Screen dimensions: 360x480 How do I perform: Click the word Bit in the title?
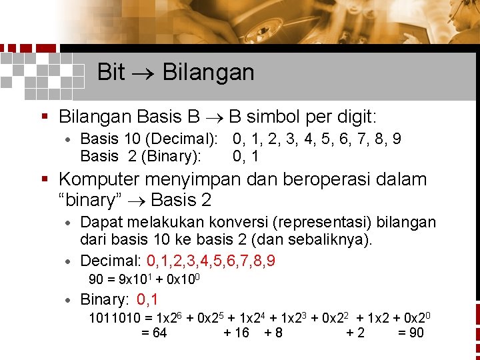111,72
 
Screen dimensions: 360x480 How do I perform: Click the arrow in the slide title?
143,73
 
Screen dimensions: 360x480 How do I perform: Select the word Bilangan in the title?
208,72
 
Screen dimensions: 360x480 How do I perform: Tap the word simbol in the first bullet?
274,117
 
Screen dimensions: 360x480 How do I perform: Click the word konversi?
243,222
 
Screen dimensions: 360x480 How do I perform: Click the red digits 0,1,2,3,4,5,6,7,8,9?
211,260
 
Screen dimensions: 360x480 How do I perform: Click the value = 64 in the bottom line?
154,333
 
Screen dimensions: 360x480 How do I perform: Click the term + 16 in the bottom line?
237,333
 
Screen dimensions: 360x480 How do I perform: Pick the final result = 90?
410,333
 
